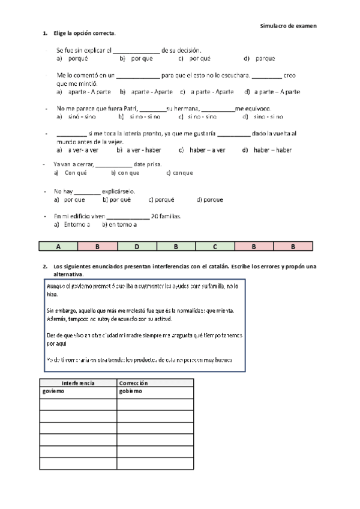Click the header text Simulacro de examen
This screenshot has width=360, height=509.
[288, 26]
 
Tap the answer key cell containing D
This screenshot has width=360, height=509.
[137, 247]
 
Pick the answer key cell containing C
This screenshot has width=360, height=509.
[215, 247]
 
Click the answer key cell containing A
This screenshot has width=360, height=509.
[58, 247]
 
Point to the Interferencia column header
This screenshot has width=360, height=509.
[78, 383]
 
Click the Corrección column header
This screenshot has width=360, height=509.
[133, 383]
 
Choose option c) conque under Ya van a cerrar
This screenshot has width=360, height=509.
[179, 173]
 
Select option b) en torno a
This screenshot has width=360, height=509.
[119, 225]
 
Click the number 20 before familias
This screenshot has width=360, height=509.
[155, 216]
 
